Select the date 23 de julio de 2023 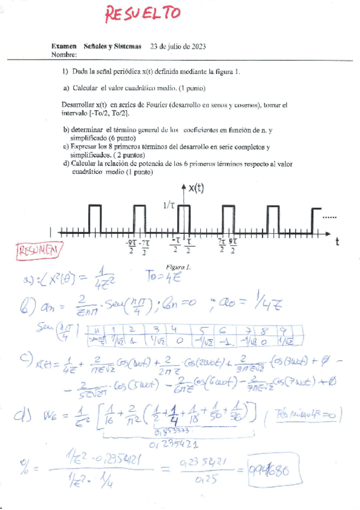(x=178, y=46)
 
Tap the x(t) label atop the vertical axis (x=196, y=188)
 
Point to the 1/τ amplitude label (x=170, y=206)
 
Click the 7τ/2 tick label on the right (x=222, y=247)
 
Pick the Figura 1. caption (x=178, y=266)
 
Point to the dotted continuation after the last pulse (x=330, y=215)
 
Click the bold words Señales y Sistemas (x=112, y=46)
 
